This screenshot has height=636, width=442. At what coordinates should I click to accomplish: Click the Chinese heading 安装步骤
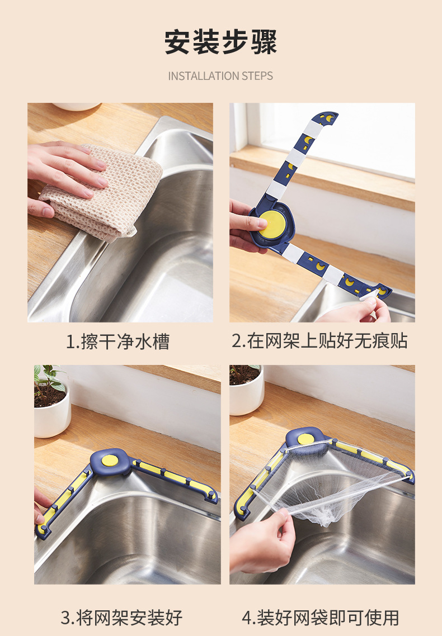pos(220,42)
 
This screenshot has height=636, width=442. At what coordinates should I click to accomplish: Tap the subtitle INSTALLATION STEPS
pos(220,76)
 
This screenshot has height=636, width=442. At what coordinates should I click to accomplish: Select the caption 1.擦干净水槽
pos(117,341)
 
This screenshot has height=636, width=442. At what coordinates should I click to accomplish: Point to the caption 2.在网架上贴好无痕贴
pos(320,341)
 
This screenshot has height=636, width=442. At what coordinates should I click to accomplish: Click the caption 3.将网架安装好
pos(121,618)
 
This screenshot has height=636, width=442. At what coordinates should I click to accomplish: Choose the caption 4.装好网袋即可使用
pos(321,618)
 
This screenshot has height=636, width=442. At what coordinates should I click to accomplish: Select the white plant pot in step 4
pos(247,397)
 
